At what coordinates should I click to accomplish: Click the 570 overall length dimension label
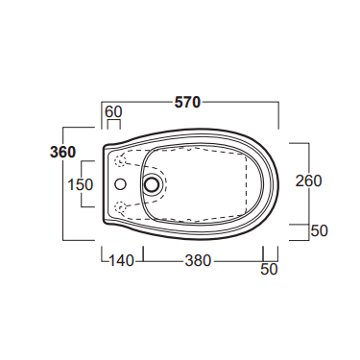[187, 103]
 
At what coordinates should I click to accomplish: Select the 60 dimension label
[113, 112]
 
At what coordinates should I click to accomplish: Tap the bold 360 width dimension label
[63, 153]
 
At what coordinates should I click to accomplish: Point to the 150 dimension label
[81, 184]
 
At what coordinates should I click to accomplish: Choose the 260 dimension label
[308, 180]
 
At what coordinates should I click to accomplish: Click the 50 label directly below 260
[320, 230]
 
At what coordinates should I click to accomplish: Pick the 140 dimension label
[121, 261]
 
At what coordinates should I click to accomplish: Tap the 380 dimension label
[199, 261]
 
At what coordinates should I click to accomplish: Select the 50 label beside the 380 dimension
[269, 269]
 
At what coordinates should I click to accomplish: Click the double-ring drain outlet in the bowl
[152, 184]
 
